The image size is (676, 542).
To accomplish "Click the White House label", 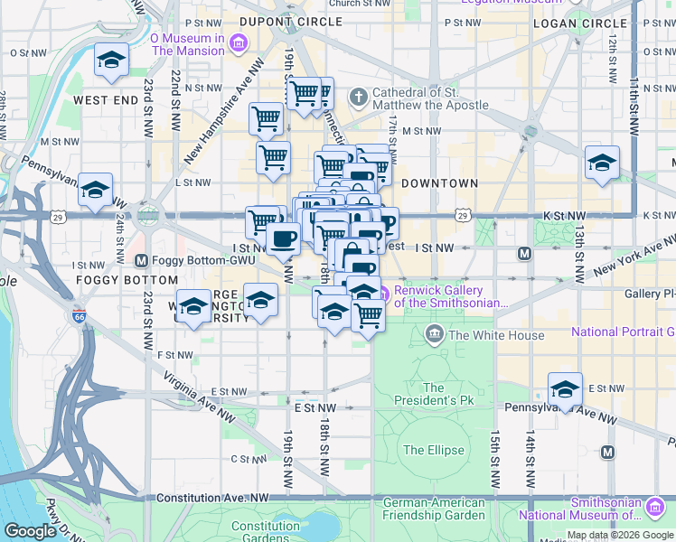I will pos(496,335).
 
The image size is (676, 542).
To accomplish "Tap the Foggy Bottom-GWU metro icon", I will pos(141,261).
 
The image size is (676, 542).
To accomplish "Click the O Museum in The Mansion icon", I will pos(238,42).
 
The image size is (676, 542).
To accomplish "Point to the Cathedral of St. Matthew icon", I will pos(359,96).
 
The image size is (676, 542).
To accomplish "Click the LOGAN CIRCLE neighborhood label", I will pos(579,23).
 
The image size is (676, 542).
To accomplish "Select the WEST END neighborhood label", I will pos(106,100).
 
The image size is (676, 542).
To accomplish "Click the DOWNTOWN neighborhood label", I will pos(439,183).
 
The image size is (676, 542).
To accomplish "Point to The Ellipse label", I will pos(433,450).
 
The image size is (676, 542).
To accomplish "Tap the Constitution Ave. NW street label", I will pos(213,498).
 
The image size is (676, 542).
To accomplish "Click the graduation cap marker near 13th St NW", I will pos(602,163).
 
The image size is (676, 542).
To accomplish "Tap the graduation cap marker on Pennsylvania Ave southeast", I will pos(565,389).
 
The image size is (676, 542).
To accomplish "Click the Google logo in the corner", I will pos(30,531).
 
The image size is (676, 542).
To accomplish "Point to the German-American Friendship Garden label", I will pos(434,509).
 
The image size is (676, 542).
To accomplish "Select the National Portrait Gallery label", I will pos(623,332).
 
